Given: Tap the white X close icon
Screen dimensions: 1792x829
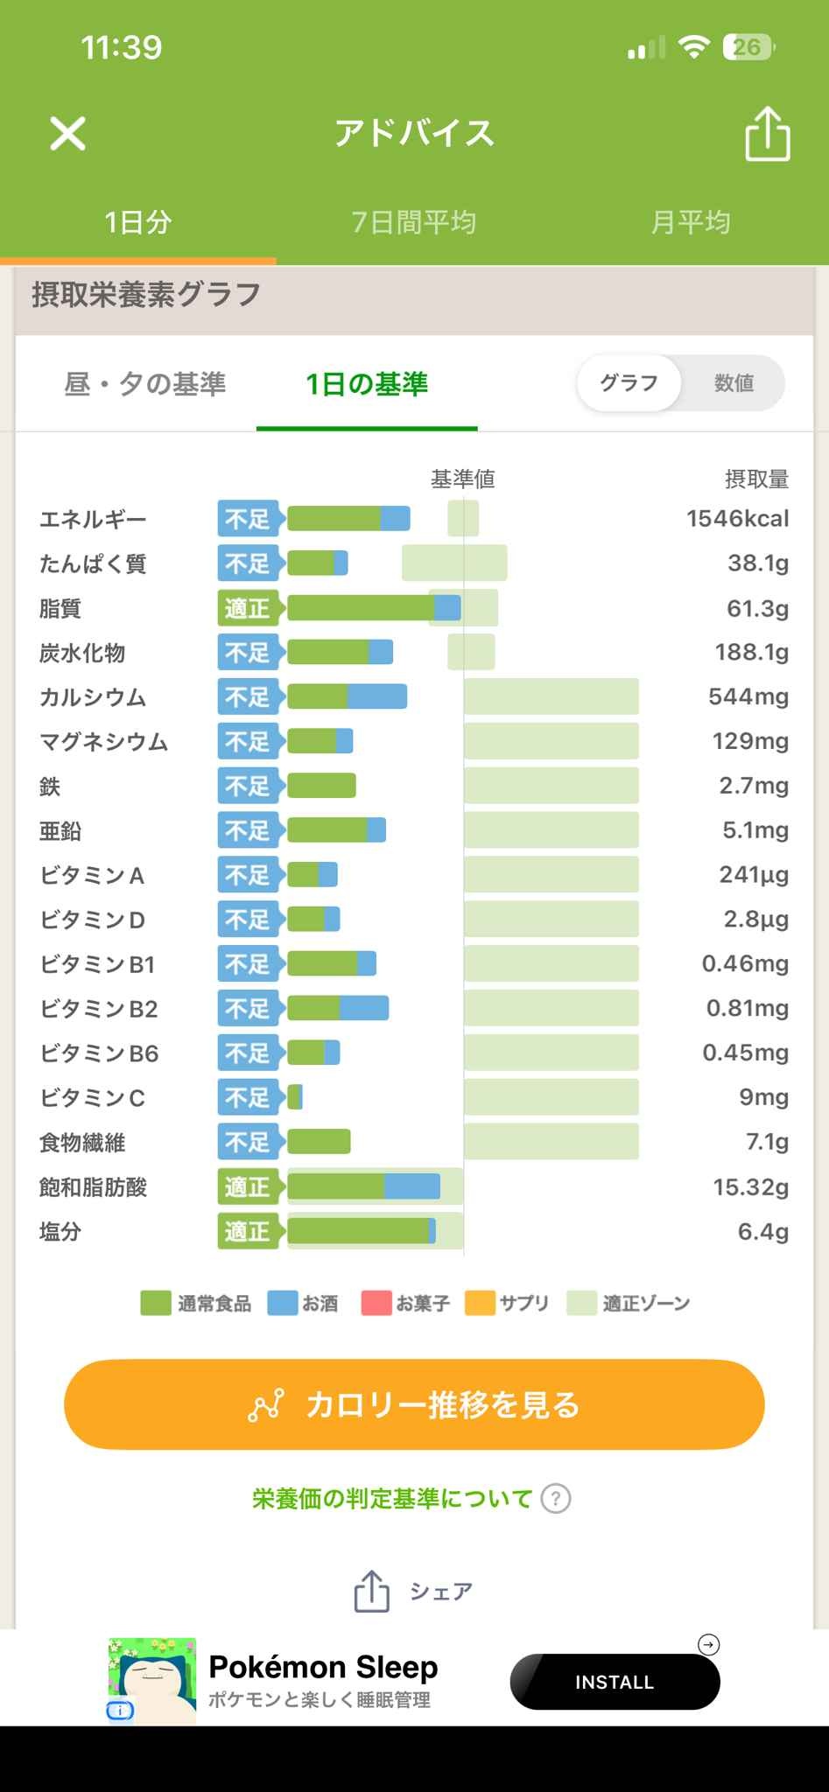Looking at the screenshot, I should tap(67, 134).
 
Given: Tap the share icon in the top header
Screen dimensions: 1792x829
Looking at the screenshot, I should tap(767, 134).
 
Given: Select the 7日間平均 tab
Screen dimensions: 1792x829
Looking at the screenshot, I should tap(414, 222).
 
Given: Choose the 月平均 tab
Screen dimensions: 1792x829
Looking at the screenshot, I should tap(690, 222).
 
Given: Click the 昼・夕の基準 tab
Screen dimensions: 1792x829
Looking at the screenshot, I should tap(145, 383).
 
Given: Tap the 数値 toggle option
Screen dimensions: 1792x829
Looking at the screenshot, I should tap(734, 383).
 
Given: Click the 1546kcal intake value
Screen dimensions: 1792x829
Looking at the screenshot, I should tap(737, 519).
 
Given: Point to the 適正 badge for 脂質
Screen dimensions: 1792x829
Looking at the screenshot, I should tap(248, 608).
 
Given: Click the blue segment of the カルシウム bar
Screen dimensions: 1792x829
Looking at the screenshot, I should tap(377, 696).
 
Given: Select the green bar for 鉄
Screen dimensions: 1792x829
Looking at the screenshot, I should tap(321, 786).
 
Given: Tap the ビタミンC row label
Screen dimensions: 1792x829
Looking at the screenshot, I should tap(93, 1097).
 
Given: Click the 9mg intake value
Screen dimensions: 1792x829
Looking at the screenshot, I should tap(763, 1097).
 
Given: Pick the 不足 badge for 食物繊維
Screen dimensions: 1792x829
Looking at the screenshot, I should tap(248, 1142).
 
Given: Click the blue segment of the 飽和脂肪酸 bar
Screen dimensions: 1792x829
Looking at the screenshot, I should tap(412, 1186).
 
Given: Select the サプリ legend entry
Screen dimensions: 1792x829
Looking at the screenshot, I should tap(507, 1304).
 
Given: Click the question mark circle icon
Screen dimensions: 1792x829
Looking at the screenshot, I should tap(556, 1499).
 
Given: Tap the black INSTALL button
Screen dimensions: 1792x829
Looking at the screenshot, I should tap(615, 1682).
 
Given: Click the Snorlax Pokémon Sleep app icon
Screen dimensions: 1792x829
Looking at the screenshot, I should tap(151, 1681).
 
